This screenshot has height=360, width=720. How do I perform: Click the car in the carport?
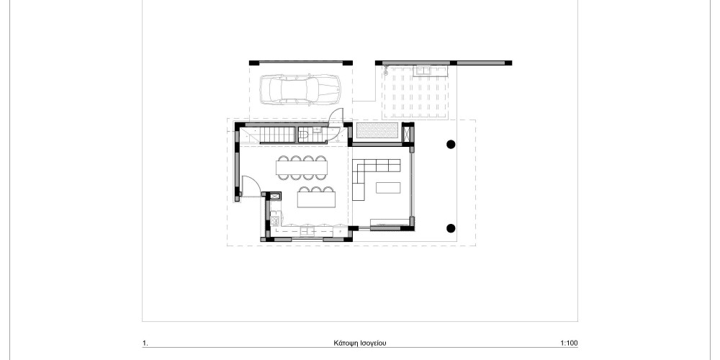click(300, 89)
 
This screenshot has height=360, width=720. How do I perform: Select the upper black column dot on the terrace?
click(451, 144)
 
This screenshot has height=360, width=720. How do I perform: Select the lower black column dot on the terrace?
click(451, 228)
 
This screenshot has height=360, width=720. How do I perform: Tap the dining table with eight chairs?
click(301, 168)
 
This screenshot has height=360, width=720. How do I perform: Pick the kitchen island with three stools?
click(316, 197)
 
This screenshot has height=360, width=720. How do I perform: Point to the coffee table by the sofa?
click(388, 188)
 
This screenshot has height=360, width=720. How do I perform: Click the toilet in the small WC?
click(304, 135)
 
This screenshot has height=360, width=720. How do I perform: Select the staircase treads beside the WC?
click(277, 135)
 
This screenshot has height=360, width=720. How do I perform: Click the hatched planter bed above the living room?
click(377, 130)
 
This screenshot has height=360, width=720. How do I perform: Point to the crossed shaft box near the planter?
click(408, 133)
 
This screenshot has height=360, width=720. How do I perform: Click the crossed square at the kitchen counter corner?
click(275, 196)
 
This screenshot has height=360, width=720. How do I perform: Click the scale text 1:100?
click(569, 343)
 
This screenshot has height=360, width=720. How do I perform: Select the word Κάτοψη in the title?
click(346, 343)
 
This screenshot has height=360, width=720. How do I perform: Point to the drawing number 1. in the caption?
click(145, 343)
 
